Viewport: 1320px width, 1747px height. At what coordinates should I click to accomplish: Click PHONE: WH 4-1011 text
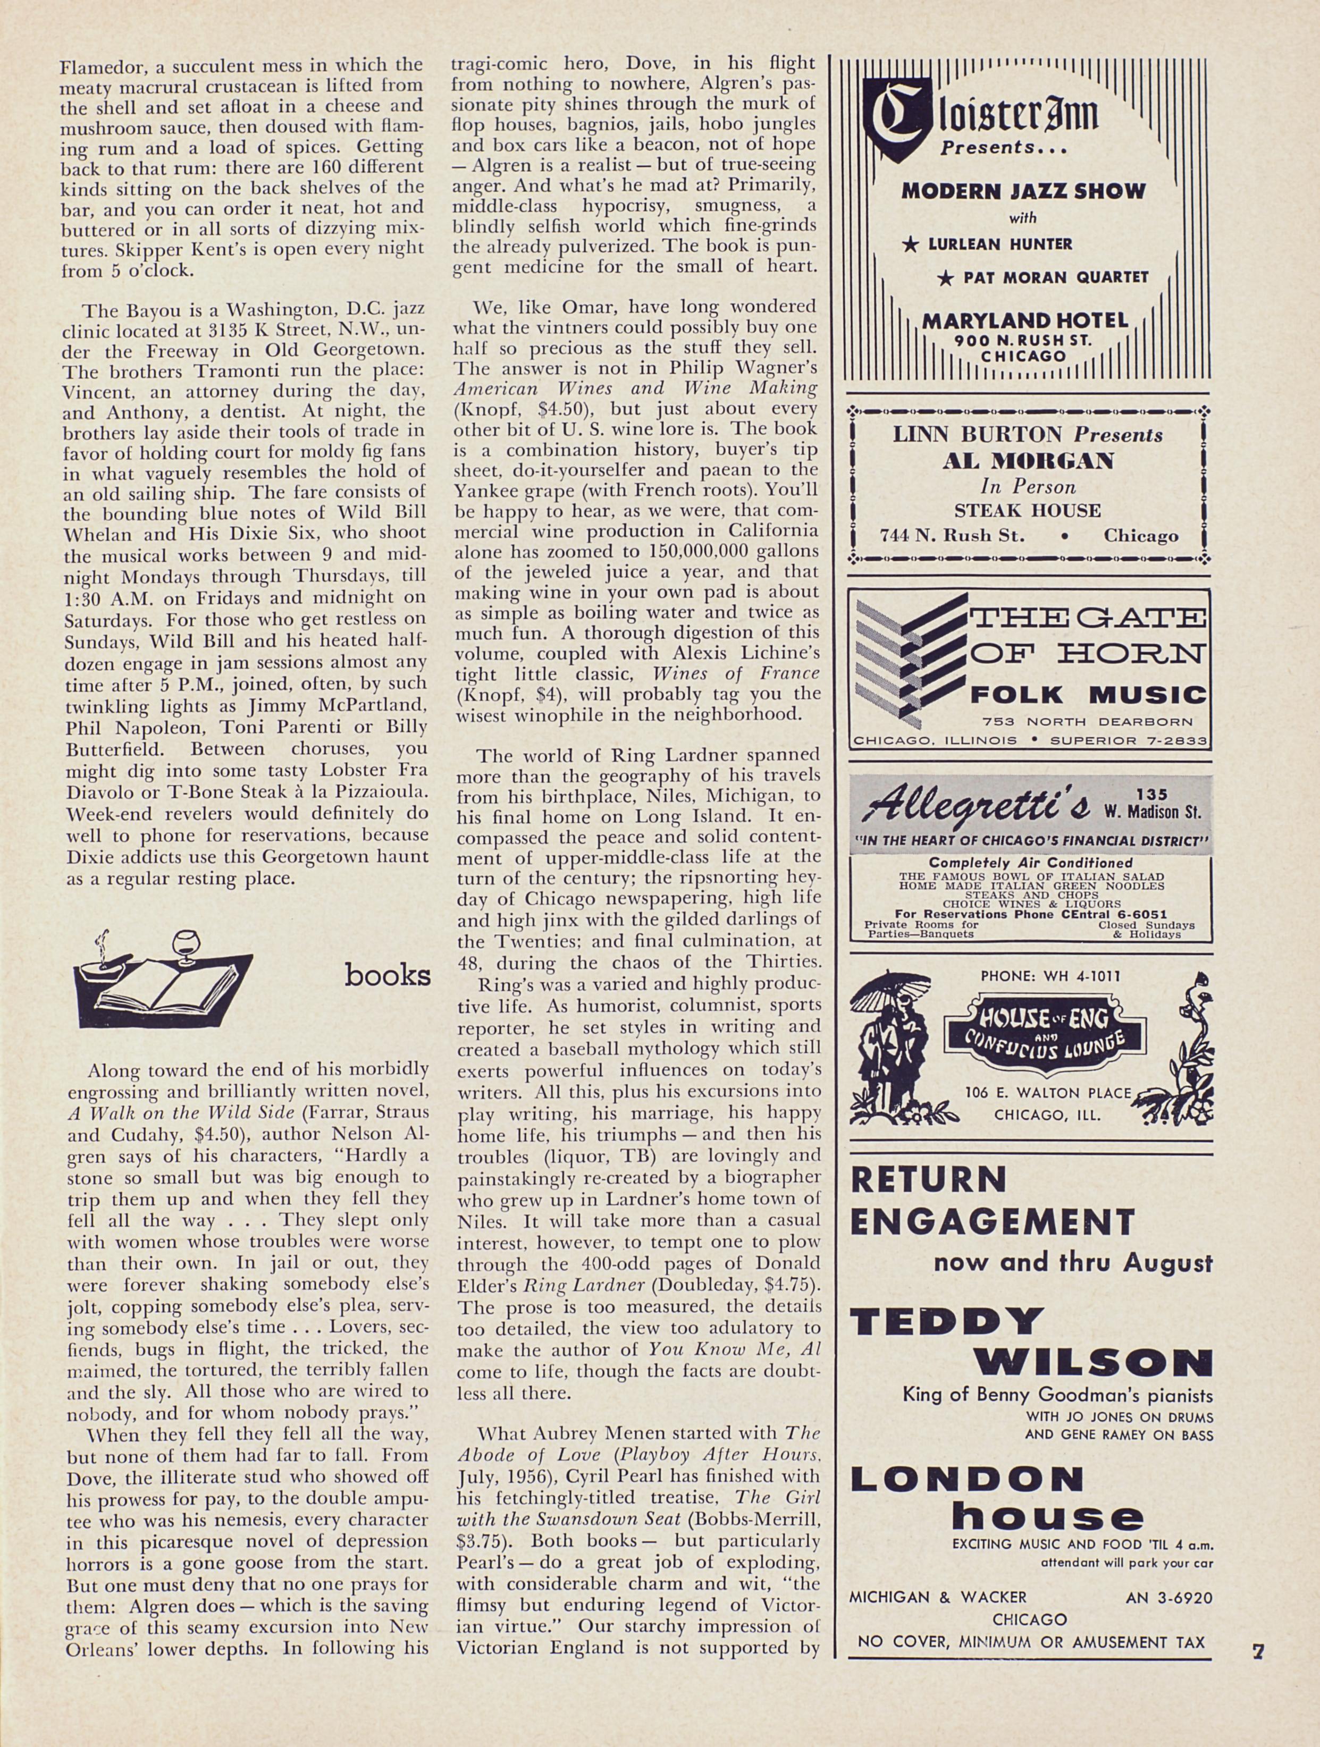coord(1050,975)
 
